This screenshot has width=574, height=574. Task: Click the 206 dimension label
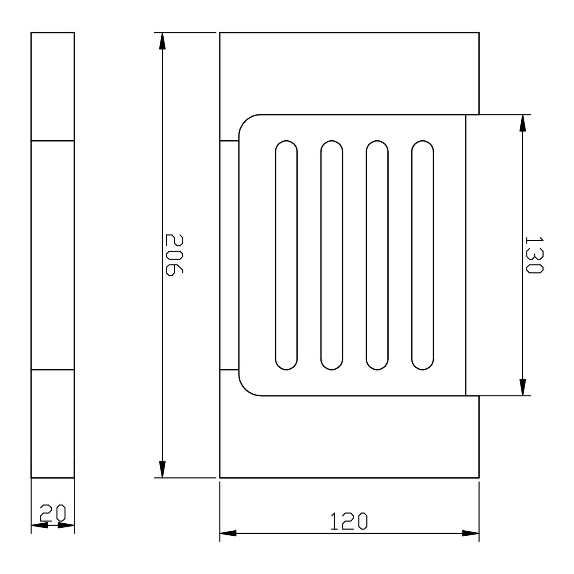(174, 255)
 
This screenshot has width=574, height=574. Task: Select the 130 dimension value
(534, 255)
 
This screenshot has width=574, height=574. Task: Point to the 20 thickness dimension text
(53, 513)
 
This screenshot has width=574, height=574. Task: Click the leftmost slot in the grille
(286, 255)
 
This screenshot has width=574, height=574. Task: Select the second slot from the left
(332, 255)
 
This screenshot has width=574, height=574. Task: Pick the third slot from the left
(377, 255)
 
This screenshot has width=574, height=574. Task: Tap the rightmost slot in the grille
(423, 255)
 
